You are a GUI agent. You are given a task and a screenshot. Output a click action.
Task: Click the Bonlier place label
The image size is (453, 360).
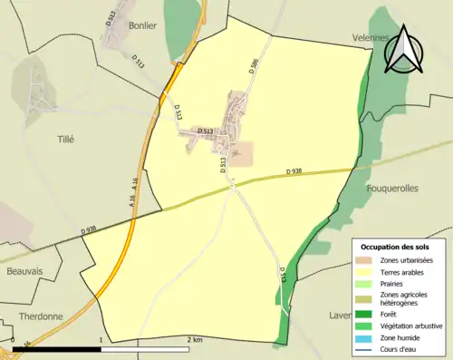point(143,25)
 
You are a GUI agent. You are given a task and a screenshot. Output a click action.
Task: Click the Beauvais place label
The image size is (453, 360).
point(24,271)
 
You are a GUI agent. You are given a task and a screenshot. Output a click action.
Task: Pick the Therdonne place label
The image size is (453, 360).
point(40,316)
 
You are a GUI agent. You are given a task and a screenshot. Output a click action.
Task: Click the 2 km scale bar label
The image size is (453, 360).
point(194,339)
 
